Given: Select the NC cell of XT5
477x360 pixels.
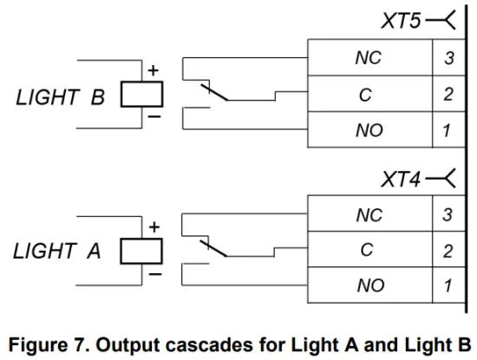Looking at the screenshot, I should (x=369, y=59).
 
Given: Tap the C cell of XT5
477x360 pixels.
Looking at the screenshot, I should (x=368, y=95).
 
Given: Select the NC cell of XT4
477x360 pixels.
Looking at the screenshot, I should (x=369, y=216).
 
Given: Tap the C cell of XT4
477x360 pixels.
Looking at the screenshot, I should (x=368, y=251).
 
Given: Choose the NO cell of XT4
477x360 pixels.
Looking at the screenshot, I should (x=369, y=285).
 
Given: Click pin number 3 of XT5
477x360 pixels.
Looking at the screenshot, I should (x=448, y=59).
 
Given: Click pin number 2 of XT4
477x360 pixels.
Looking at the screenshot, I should (x=448, y=251).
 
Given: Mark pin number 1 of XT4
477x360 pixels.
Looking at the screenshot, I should (x=448, y=285).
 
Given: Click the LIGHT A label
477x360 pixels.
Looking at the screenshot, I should (x=57, y=252).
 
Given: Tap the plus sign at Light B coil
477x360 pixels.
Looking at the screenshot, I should (x=153, y=70).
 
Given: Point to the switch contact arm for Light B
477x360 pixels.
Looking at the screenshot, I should (x=212, y=91).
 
